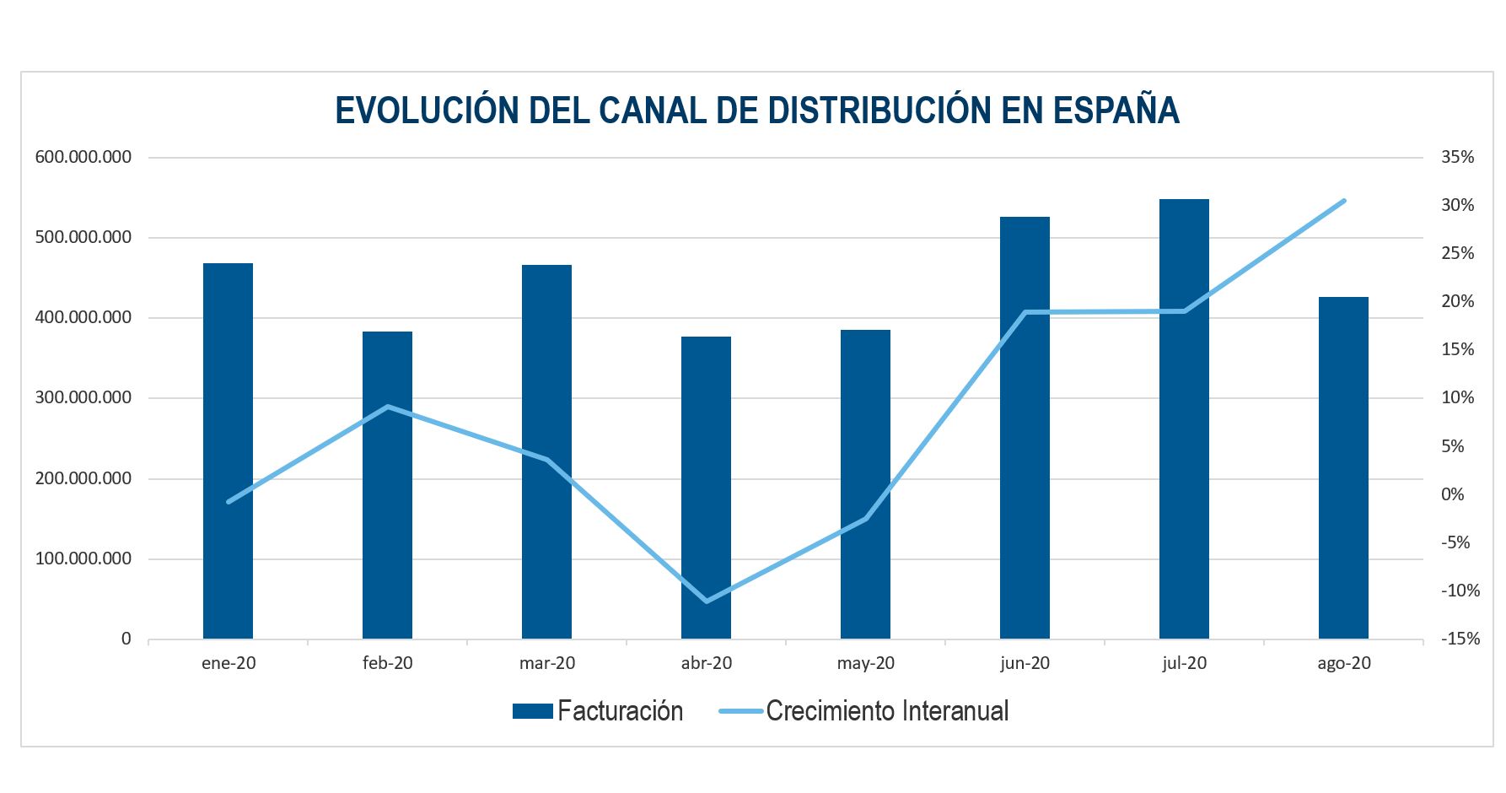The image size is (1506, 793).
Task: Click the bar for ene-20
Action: click(228, 451)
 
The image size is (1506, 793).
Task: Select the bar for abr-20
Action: click(706, 488)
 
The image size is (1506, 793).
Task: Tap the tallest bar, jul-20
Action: click(1184, 419)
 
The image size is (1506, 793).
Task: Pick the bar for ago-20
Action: click(1343, 468)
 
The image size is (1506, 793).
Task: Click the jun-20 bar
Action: click(1025, 428)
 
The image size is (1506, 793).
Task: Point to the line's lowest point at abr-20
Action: click(706, 601)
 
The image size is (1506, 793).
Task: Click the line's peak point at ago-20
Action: click(1343, 201)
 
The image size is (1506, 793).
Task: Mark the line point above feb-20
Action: click(387, 407)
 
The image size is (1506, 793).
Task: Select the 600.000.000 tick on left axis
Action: click(83, 157)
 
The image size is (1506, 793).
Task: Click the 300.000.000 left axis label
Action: click(83, 397)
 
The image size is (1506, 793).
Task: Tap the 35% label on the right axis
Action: click(1457, 157)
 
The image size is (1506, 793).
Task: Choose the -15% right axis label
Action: click(1460, 639)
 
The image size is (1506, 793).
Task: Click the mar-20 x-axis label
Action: click(546, 663)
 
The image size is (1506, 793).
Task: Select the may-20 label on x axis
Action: click(865, 663)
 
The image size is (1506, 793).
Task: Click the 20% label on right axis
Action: click(1457, 301)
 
